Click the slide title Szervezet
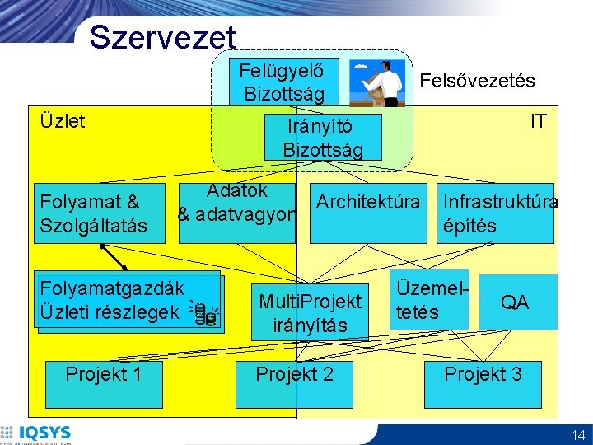click(x=162, y=37)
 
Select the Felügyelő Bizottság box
click(x=277, y=82)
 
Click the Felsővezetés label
click(x=477, y=81)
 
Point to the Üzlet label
click(x=63, y=121)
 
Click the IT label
click(x=538, y=121)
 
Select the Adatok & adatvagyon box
click(x=237, y=204)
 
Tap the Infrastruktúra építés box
click(x=497, y=213)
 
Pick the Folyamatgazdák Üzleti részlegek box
click(x=127, y=301)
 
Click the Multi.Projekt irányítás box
click(x=310, y=313)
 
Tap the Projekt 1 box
click(x=104, y=381)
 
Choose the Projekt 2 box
click(x=294, y=381)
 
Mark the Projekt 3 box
click(x=483, y=381)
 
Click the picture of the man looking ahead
click(x=376, y=82)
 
